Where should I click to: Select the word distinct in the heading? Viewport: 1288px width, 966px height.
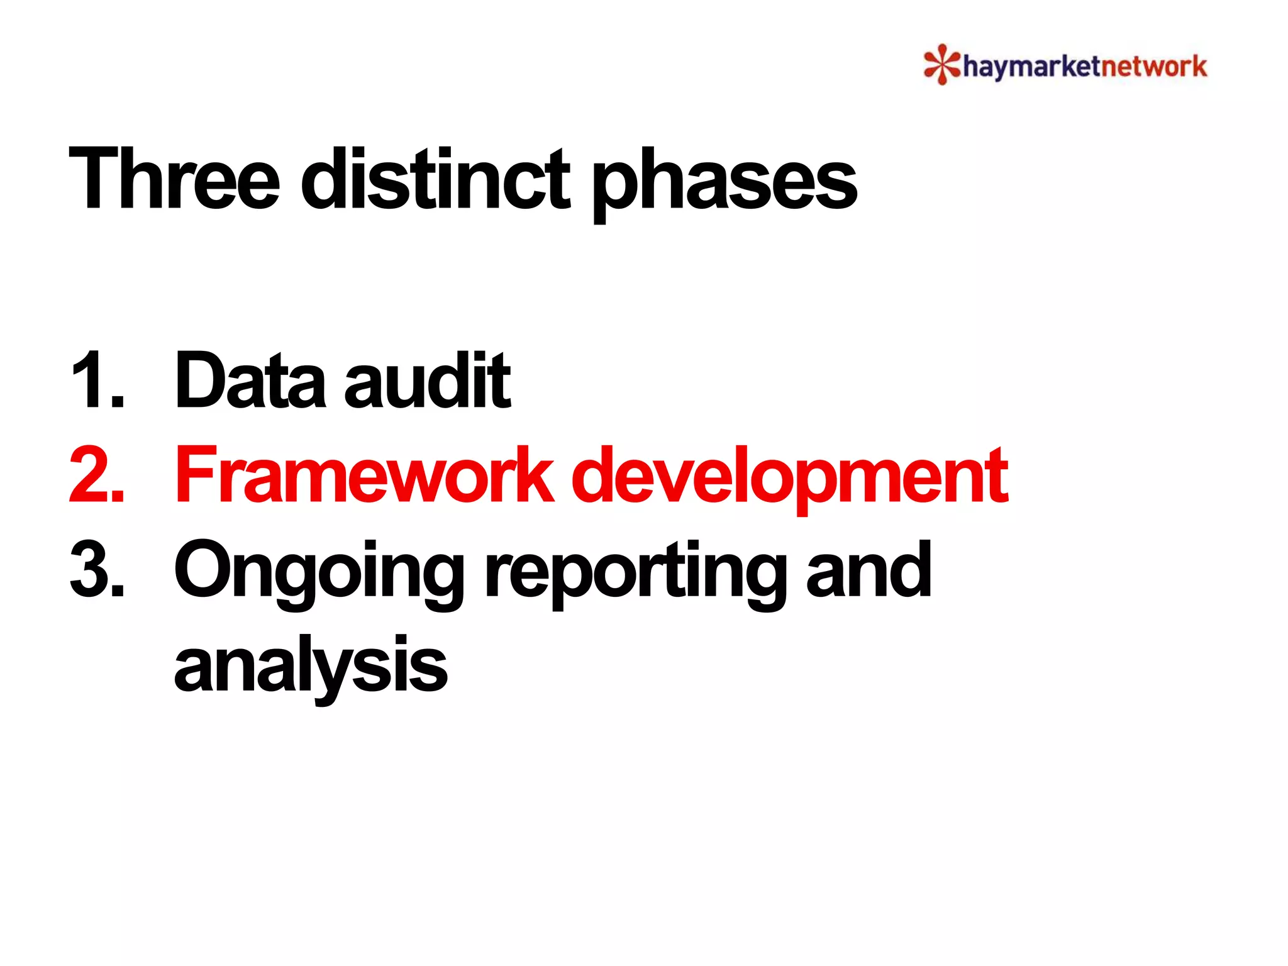tap(435, 179)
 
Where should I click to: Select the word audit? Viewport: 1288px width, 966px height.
tap(428, 380)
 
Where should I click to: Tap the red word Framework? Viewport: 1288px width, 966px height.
tap(365, 475)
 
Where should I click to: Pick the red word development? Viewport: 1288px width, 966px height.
tap(790, 478)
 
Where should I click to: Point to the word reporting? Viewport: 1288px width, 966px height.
tap(635, 572)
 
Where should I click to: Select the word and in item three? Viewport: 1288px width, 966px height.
tap(869, 569)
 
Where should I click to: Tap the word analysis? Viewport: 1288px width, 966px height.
tap(311, 667)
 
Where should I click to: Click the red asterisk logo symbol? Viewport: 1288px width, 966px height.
tap(941, 64)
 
